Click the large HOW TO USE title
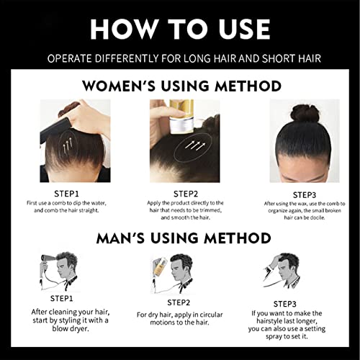pyautogui.click(x=180, y=28)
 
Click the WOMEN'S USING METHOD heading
pyautogui.click(x=181, y=86)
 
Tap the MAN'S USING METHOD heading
pyautogui.click(x=181, y=238)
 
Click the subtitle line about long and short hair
pyautogui.click(x=180, y=57)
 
